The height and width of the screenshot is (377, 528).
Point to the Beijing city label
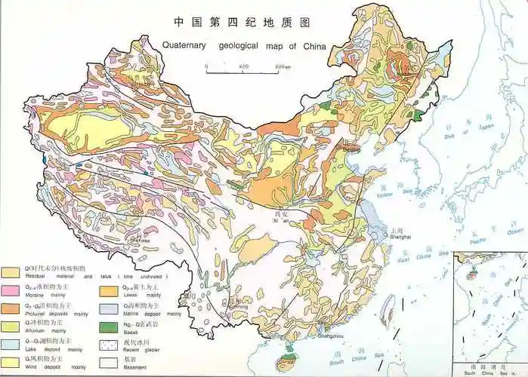click(351, 149)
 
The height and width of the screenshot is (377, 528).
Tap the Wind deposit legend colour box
click(11, 363)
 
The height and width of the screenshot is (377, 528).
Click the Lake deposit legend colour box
click(11, 345)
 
